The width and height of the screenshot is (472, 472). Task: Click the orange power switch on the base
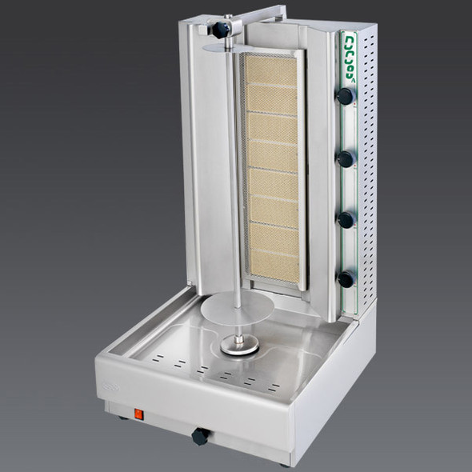[138, 414]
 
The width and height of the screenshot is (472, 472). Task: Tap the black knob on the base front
[200, 436]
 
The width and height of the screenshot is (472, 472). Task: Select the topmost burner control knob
[345, 96]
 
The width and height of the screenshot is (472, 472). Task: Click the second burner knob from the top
[346, 159]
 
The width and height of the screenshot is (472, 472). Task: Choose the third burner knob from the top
[346, 220]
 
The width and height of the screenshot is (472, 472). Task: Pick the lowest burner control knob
[346, 278]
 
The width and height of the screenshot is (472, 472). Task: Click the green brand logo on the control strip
[350, 57]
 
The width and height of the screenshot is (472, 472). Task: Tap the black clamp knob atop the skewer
[221, 29]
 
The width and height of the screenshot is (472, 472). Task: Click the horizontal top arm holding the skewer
[256, 15]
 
